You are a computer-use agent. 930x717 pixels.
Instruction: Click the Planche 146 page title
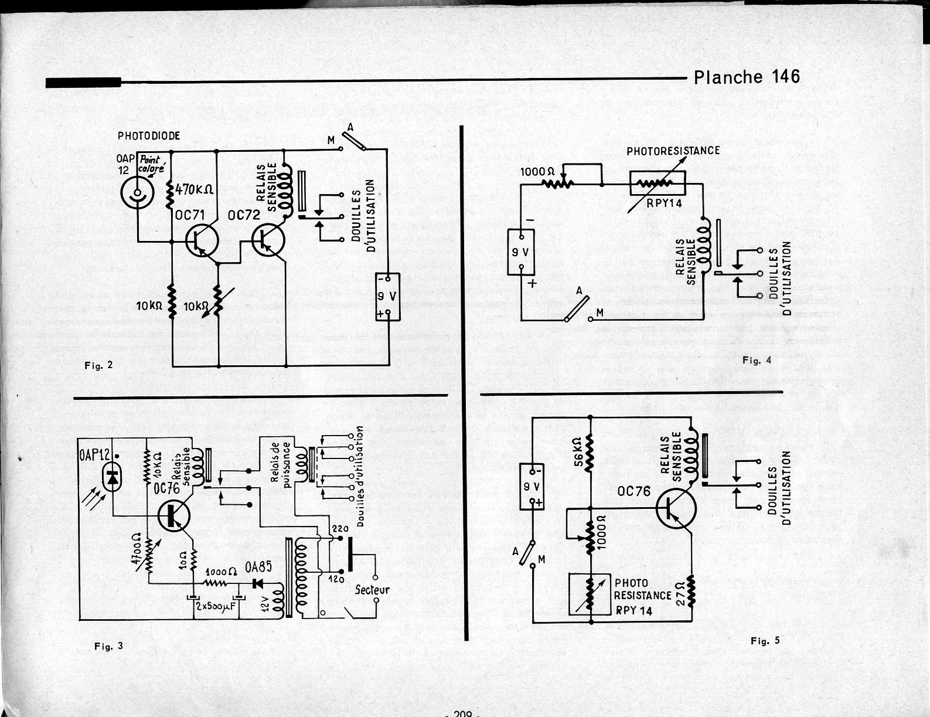(746, 77)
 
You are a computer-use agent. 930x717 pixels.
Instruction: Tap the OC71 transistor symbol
(201, 240)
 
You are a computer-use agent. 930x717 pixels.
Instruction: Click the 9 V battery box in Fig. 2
(388, 297)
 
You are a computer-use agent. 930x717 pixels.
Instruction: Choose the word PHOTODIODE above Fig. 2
(149, 136)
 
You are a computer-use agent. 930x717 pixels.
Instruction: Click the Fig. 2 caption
(98, 365)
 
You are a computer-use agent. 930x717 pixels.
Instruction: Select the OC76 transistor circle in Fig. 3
(174, 515)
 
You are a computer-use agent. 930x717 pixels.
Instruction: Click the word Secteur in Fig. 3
(372, 590)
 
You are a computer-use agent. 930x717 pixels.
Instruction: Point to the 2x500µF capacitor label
(215, 606)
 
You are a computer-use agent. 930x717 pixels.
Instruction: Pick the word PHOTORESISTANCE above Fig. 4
(673, 151)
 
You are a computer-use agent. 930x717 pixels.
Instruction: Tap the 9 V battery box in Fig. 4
(521, 252)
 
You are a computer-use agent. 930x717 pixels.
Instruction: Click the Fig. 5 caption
(765, 641)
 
